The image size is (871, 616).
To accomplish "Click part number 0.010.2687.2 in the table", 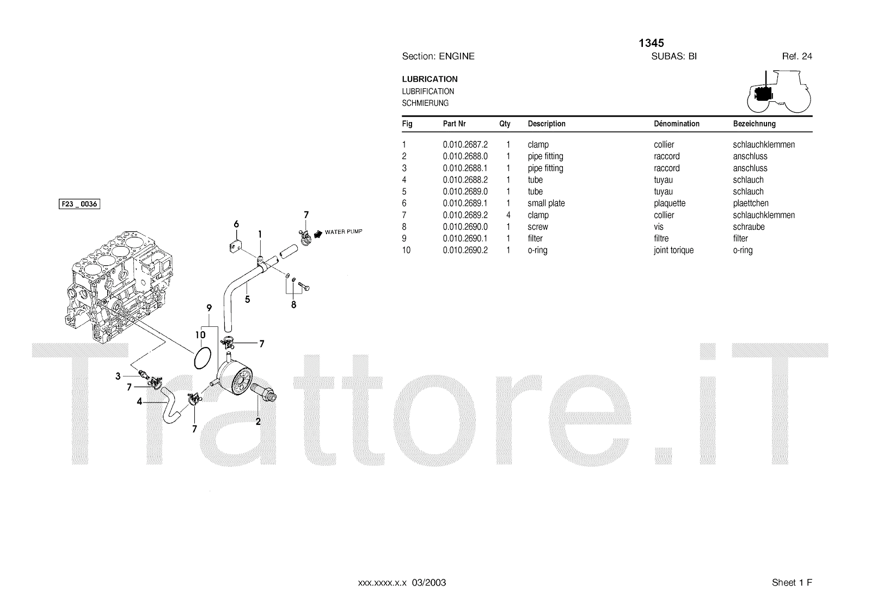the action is click(465, 145).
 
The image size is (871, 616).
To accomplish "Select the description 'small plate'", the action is click(546, 203).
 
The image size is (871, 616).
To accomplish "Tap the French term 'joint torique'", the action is click(673, 251).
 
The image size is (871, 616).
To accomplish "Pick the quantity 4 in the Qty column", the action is click(508, 215).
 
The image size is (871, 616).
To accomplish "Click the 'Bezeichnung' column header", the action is click(754, 124).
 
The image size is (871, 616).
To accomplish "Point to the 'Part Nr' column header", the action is click(454, 124).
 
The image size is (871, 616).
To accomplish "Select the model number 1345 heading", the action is click(651, 43).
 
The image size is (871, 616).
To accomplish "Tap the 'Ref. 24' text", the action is click(797, 56).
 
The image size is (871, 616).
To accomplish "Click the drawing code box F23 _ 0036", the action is click(79, 204).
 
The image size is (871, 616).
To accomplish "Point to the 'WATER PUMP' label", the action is click(343, 232).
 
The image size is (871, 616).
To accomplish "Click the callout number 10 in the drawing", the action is click(200, 335).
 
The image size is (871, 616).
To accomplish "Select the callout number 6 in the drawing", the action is click(236, 224).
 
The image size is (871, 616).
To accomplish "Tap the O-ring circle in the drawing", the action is click(202, 357).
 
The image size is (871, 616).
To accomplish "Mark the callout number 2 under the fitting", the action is click(258, 421).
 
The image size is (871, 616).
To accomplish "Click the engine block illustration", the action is click(122, 289).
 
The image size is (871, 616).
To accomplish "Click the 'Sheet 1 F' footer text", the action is click(792, 583).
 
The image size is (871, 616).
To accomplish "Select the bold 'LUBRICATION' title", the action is click(430, 79).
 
